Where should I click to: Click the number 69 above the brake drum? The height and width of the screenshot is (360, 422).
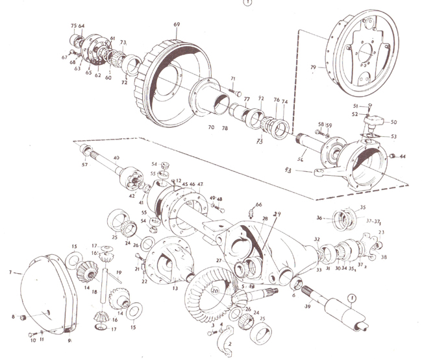coord(176,25)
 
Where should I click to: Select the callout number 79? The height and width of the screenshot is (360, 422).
coord(313,67)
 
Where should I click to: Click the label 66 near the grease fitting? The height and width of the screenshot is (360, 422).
coord(259,205)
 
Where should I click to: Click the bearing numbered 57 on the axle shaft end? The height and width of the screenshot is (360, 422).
coord(85,152)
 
